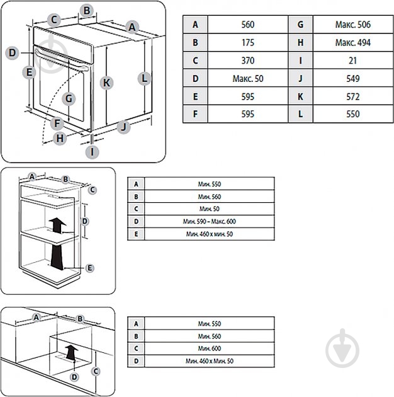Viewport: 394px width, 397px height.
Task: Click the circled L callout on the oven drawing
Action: pos(144,79)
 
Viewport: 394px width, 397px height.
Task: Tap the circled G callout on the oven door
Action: pos(69,98)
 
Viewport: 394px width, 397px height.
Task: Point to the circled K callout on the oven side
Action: pos(107,83)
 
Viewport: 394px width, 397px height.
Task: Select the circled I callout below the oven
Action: pos(93,151)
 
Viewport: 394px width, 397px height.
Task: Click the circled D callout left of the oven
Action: pos(12,53)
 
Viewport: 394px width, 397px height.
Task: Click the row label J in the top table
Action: pos(300,79)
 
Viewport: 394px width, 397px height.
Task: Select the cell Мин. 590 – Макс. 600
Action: pos(210,222)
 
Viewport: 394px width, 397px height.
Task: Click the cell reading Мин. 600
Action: pos(210,348)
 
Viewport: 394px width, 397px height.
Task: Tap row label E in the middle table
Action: pos(135,234)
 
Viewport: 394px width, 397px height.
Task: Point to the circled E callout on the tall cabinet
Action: pos(90,268)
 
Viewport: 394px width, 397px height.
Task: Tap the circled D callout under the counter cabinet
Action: pos(74,377)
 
